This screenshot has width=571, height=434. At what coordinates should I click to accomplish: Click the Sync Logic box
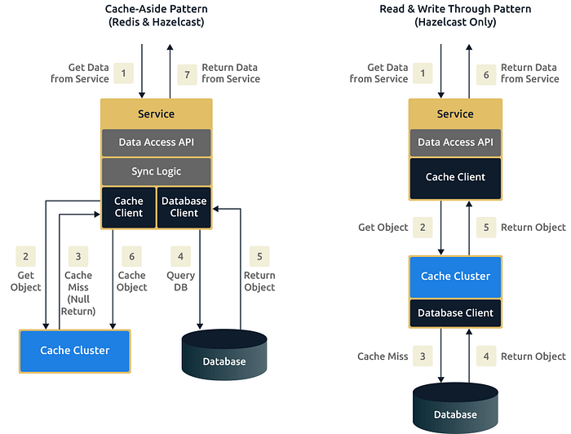tap(157, 171)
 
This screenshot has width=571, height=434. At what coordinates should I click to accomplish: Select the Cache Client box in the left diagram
tap(129, 207)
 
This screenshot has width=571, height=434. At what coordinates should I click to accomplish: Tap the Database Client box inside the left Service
tap(184, 207)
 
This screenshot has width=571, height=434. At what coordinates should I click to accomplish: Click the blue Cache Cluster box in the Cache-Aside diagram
tap(75, 351)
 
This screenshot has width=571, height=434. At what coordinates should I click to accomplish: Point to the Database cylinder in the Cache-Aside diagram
tap(224, 355)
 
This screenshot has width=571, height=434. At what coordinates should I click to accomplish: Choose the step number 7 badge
tap(187, 74)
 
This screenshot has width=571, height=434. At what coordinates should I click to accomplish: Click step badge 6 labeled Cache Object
tap(132, 256)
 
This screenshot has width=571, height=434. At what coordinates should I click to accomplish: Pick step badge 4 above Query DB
tap(180, 256)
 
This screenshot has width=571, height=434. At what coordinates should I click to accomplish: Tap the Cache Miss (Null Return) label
tap(78, 293)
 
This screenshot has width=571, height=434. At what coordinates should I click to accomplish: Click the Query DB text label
tap(180, 281)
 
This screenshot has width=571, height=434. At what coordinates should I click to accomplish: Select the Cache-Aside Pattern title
tap(157, 15)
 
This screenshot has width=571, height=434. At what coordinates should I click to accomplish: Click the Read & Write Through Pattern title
tap(455, 15)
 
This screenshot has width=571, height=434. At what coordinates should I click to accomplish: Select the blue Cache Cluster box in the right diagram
tap(455, 277)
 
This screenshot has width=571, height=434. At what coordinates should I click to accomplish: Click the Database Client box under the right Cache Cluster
tap(455, 312)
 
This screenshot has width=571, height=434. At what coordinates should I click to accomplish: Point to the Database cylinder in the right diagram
tap(455, 408)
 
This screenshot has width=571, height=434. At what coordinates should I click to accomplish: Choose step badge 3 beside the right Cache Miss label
tap(423, 356)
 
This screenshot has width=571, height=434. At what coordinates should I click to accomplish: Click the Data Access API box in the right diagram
tap(455, 142)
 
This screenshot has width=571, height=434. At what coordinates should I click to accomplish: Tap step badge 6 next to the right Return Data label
tap(486, 74)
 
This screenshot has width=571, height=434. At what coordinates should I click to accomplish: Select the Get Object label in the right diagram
tap(383, 227)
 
